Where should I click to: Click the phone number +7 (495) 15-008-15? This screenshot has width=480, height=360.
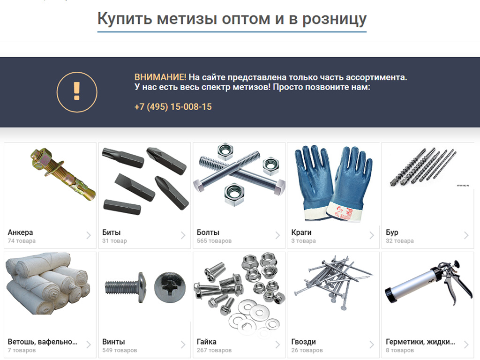(x=173, y=107)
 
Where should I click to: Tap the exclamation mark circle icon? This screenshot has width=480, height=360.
(x=77, y=92)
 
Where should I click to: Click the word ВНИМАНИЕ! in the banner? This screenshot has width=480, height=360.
(x=160, y=77)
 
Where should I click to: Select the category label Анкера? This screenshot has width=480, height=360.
(x=21, y=232)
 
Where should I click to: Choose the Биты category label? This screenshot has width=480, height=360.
(x=112, y=232)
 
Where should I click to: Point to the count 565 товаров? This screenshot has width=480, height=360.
(x=214, y=241)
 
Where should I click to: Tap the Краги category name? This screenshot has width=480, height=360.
(x=301, y=232)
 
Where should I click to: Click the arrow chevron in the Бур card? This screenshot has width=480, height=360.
(x=466, y=235)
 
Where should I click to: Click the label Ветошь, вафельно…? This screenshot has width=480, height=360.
(x=43, y=342)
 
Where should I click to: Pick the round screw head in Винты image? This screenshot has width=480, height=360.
(x=170, y=286)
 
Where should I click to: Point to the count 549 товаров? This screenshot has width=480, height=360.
(x=120, y=350)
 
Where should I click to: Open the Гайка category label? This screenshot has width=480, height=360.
(x=207, y=342)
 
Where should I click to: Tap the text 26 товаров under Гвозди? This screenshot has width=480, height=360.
(x=307, y=350)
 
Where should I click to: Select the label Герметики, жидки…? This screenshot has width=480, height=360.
(x=420, y=342)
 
